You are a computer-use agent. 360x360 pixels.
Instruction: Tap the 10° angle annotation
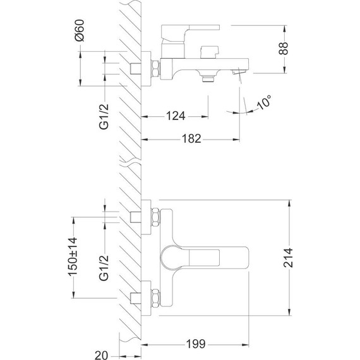click(x=265, y=101)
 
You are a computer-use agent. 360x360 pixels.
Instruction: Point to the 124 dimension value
click(x=176, y=116)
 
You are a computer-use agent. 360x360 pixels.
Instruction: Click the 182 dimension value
click(x=190, y=138)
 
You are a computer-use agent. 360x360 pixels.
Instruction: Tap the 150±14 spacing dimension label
click(x=74, y=256)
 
